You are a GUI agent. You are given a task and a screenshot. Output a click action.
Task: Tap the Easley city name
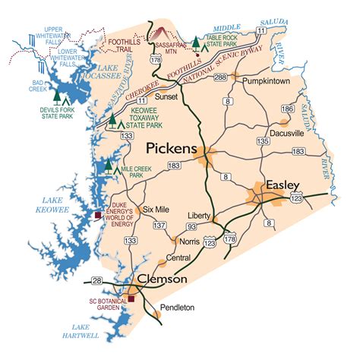click(x=283, y=185)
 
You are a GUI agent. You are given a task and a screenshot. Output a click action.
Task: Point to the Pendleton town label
click(x=178, y=308)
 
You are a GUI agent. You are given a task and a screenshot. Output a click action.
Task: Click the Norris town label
click(x=190, y=240)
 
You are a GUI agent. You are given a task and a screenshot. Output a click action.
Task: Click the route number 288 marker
click(x=220, y=77)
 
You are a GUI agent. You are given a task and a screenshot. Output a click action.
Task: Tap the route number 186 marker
click(x=287, y=109)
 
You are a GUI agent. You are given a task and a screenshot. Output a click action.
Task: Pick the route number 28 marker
click(x=96, y=281)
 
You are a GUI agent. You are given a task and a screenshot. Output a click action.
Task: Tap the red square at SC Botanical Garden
click(x=131, y=299)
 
